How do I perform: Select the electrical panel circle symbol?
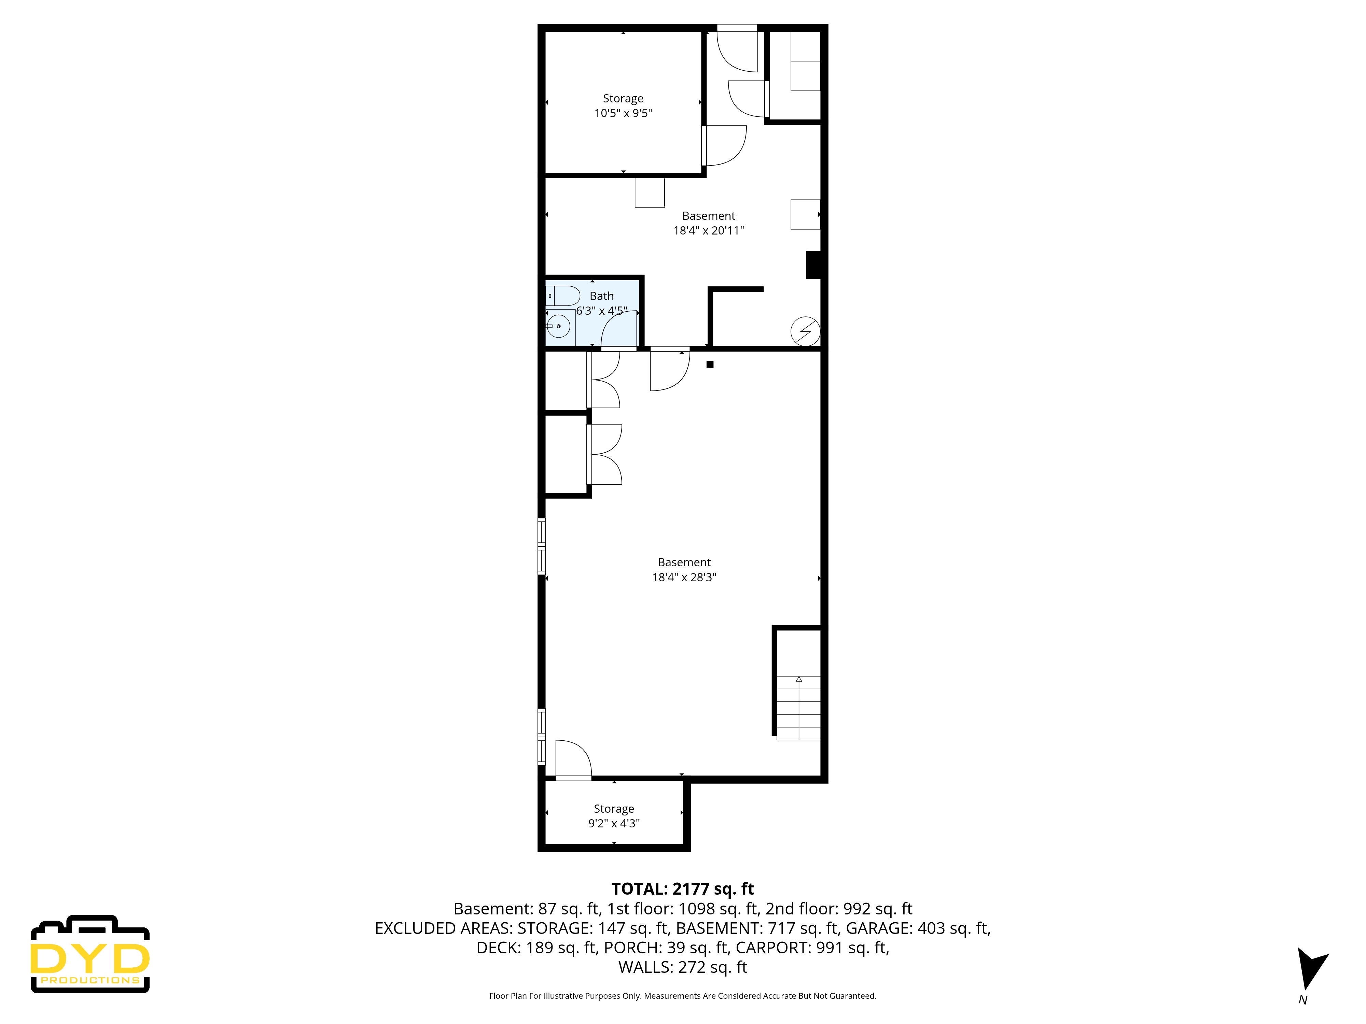coord(805,331)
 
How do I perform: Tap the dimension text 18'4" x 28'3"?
coord(684,577)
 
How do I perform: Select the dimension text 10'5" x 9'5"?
coord(623,113)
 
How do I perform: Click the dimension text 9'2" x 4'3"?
coord(614,823)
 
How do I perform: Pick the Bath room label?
coord(601,296)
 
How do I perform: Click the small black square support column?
coord(710,364)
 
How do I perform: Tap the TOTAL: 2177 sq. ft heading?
coord(682,889)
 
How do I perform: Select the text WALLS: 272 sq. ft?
coord(682,967)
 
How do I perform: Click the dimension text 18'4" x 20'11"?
coord(708,231)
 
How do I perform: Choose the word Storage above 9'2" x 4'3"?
coord(614,809)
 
